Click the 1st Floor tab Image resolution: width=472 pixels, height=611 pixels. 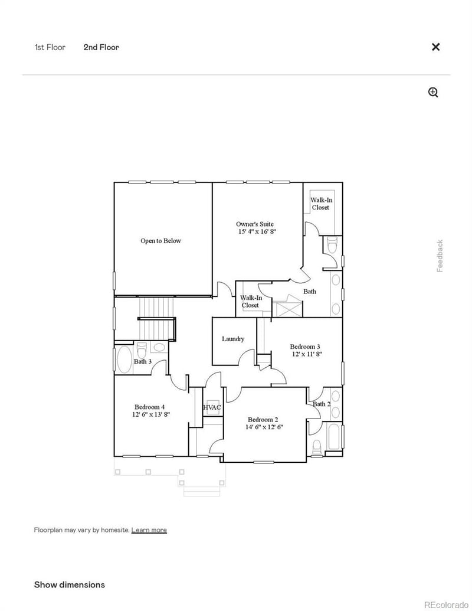click(x=50, y=47)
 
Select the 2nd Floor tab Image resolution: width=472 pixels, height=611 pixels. click(x=101, y=47)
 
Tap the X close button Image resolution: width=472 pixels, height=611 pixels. click(x=435, y=47)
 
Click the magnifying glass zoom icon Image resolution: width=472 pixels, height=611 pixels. click(x=433, y=93)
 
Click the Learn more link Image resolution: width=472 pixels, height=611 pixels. click(x=149, y=530)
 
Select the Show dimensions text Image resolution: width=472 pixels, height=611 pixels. click(x=69, y=585)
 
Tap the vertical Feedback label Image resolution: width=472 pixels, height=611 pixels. click(x=440, y=256)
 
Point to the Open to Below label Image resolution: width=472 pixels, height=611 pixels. click(x=160, y=241)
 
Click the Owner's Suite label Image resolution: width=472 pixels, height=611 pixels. click(x=255, y=224)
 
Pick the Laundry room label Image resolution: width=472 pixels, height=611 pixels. click(x=233, y=339)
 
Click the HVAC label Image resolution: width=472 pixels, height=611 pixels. click(x=212, y=408)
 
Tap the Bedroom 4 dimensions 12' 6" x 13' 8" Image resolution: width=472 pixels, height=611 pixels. click(x=151, y=415)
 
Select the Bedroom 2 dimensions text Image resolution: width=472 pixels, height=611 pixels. click(x=264, y=427)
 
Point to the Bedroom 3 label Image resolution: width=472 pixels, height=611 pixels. click(x=305, y=347)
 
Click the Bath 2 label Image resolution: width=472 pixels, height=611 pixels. click(x=322, y=404)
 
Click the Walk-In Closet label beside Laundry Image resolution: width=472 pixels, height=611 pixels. click(x=250, y=302)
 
